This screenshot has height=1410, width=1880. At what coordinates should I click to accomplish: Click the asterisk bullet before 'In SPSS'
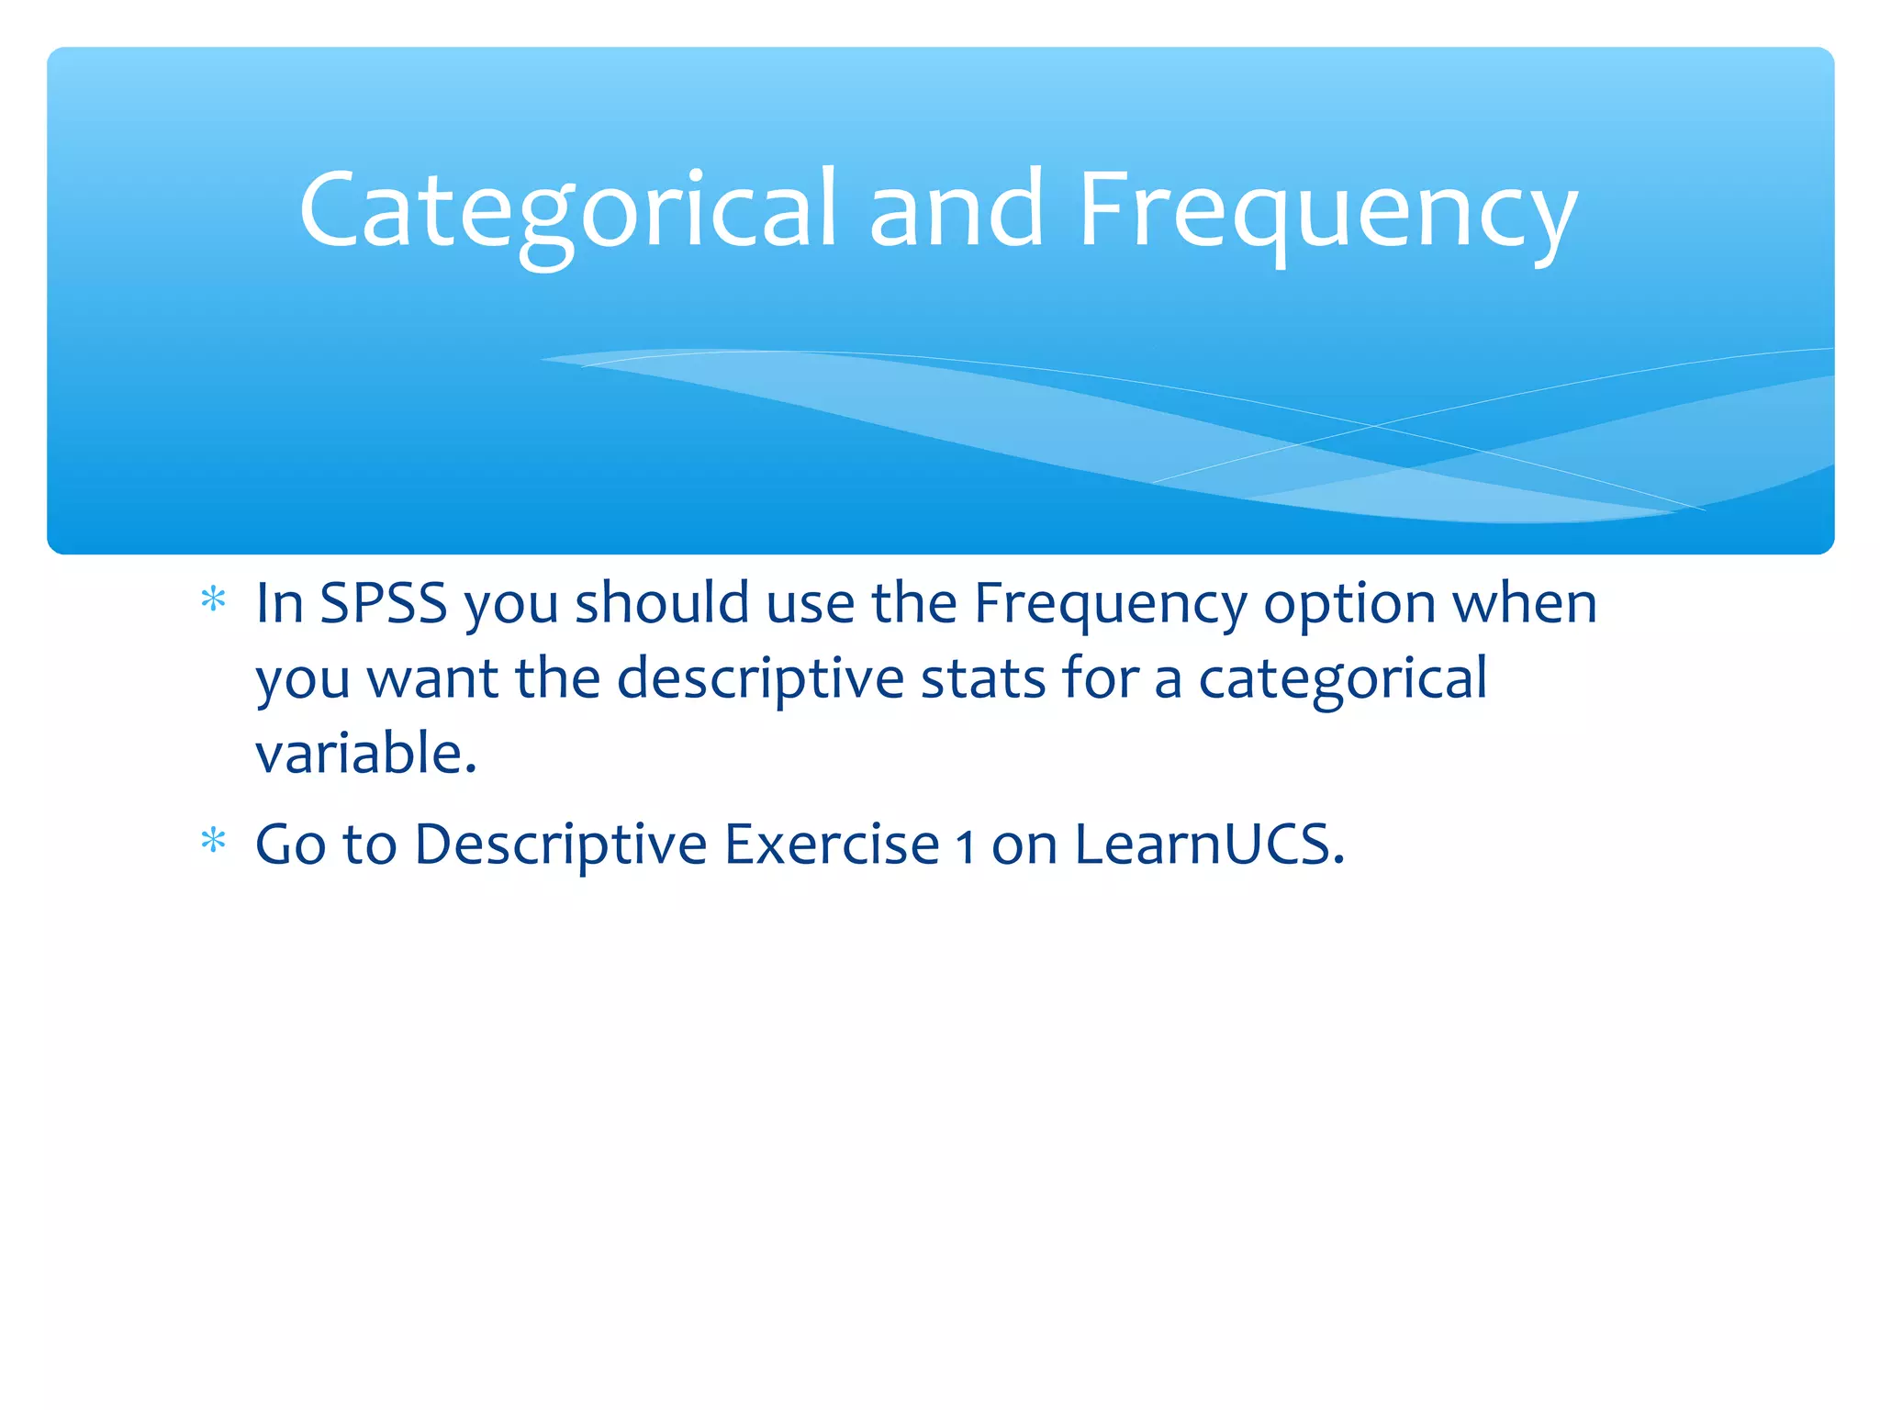click(213, 601)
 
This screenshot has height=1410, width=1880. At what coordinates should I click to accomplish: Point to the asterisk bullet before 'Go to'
click(213, 842)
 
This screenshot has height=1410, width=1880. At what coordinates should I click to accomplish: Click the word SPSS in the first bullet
click(383, 604)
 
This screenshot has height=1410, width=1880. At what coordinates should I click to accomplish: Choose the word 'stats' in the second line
click(983, 680)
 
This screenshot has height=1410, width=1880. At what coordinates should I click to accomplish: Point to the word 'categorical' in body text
click(1342, 680)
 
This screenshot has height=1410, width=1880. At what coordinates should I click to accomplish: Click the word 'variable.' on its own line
click(366, 755)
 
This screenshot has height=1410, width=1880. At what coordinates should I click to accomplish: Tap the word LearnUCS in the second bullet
click(1209, 845)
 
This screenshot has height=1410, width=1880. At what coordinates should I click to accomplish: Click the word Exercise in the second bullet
click(832, 845)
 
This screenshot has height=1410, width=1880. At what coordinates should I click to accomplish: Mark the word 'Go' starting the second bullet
click(290, 845)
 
